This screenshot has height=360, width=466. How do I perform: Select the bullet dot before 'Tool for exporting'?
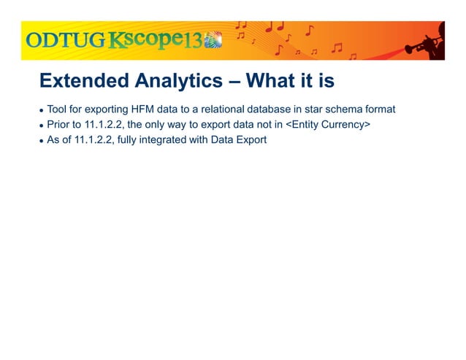click(x=42, y=110)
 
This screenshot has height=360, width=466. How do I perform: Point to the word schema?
click(x=348, y=110)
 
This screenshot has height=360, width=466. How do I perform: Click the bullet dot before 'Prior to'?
click(x=42, y=126)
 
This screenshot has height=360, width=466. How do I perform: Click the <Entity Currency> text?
click(x=328, y=125)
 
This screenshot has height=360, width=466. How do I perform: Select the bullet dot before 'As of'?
click(x=42, y=140)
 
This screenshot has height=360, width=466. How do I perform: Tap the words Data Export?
click(x=241, y=139)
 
